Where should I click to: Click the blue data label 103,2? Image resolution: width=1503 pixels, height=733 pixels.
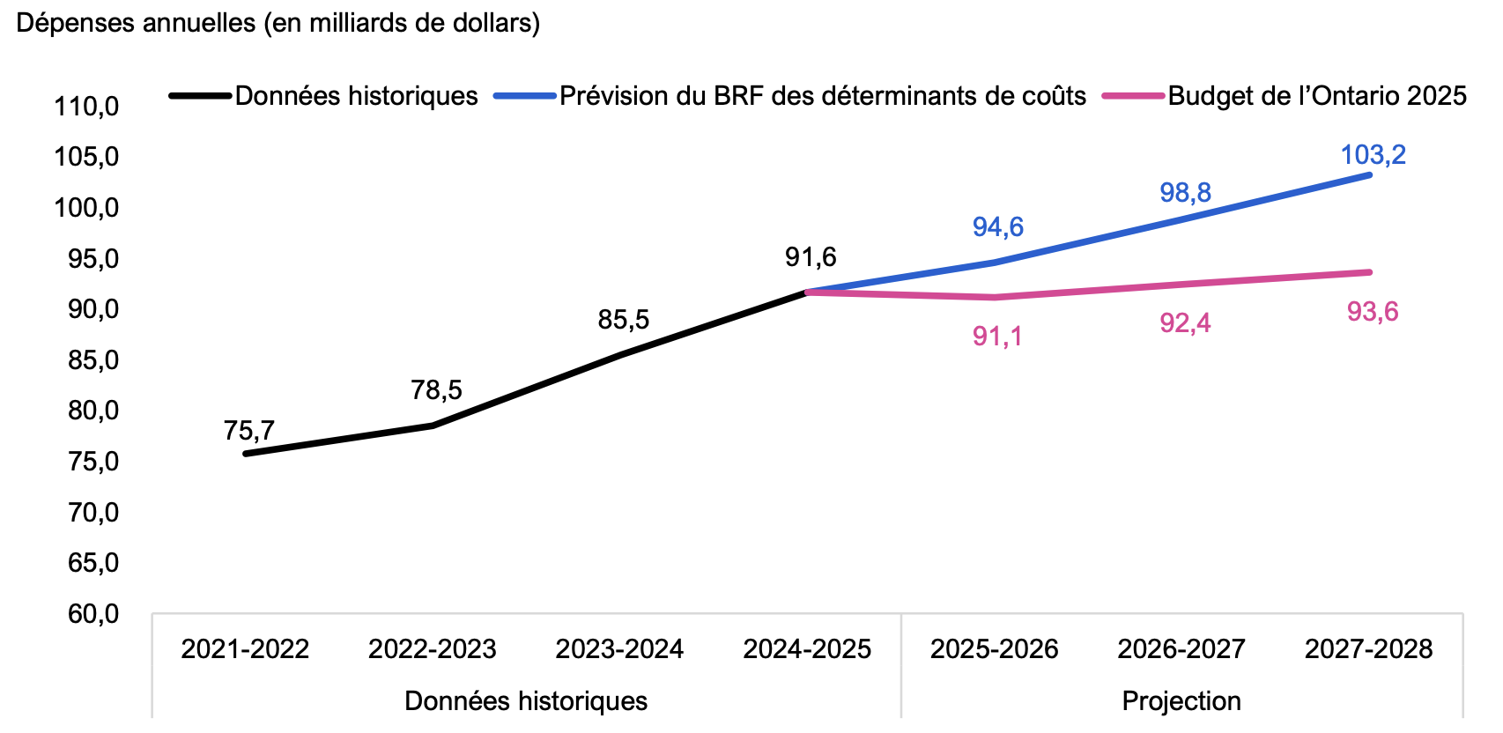click(1373, 155)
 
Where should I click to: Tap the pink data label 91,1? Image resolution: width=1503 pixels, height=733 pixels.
click(997, 337)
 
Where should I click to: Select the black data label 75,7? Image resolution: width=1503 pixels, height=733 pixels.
click(249, 431)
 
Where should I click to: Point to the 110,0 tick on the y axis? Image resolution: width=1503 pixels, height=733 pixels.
click(86, 107)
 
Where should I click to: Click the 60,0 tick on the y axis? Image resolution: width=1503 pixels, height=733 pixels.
click(93, 613)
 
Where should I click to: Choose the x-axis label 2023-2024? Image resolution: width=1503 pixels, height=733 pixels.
click(619, 649)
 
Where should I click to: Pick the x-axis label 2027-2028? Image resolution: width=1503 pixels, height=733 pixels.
click(1368, 649)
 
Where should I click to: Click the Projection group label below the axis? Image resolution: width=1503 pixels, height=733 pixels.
click(1181, 701)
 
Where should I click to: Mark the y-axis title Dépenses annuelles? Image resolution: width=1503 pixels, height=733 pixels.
click(278, 23)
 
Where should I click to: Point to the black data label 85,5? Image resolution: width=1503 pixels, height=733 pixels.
click(624, 320)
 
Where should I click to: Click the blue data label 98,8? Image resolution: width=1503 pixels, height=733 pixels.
click(1185, 193)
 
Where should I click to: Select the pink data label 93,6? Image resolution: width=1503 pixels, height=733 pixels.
click(1373, 312)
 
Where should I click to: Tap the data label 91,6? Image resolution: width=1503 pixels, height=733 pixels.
click(811, 257)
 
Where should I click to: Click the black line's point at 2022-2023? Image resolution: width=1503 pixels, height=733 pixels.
click(433, 426)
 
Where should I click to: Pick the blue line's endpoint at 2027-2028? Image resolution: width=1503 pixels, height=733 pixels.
click(1369, 174)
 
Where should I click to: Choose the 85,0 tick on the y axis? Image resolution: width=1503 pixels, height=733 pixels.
click(93, 360)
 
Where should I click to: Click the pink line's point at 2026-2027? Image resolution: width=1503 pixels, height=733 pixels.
click(1181, 285)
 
